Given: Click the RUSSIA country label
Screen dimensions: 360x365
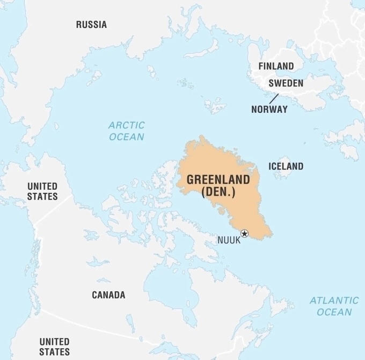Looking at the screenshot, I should pos(91,24).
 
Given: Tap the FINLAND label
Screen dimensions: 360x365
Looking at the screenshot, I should pos(276,66).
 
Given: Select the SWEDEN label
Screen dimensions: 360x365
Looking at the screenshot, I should pos(286,83).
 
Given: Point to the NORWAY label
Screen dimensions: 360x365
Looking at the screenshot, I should pos(269,109).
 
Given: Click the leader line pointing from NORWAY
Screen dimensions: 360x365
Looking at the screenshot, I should pos(274,98).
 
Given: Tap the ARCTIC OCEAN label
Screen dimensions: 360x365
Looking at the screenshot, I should pos(127,131).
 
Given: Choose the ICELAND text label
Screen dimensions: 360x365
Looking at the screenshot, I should pos(286,166).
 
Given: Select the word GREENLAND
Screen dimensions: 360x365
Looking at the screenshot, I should pos(218,179).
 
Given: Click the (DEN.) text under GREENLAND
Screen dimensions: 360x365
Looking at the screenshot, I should pos(218,192).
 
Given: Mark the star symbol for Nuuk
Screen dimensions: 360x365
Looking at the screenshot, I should pos(245,233).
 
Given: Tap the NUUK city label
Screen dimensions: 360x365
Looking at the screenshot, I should pos(229,240).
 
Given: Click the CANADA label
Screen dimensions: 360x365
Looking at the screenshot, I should pos(108,295).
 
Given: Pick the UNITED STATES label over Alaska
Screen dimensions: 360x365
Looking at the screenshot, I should pos(42,191).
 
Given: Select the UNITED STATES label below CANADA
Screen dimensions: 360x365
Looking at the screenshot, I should pos(54,347).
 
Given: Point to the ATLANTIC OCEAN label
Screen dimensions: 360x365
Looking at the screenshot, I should pos(334,306).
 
